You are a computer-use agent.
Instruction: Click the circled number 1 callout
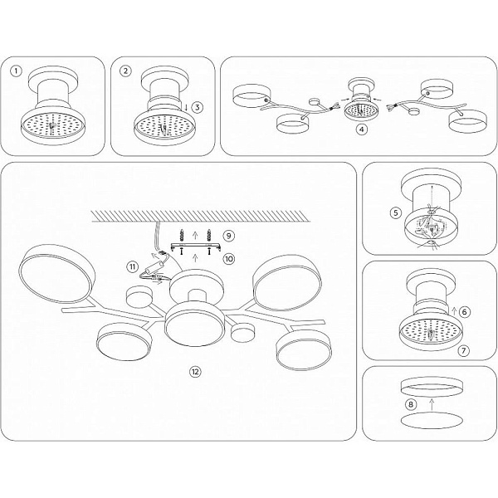point(16,71)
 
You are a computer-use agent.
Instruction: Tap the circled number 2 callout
point(126,71)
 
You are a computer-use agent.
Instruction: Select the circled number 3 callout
point(198,107)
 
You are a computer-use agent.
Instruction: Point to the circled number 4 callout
point(362,129)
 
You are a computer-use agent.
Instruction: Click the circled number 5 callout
point(396,212)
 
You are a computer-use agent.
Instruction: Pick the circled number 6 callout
point(465,312)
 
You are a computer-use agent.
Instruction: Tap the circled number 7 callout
point(464,350)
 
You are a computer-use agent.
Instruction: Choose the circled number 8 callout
point(411,405)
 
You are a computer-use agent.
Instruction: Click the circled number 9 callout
point(229,236)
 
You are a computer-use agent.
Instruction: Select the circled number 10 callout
point(229,259)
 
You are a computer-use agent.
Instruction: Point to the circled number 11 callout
point(134,266)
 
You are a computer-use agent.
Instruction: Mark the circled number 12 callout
point(195,372)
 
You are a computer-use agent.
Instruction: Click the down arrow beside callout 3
point(186,107)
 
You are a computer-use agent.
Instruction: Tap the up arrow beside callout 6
point(454,311)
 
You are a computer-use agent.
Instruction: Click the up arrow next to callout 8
point(432,405)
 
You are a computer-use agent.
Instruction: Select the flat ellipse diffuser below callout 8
point(432,421)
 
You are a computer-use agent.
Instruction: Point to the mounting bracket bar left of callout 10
point(195,247)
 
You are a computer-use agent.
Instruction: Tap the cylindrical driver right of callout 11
point(154,266)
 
